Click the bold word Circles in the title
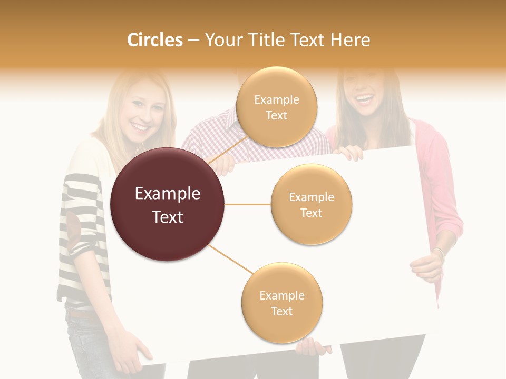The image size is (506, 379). [x=155, y=40]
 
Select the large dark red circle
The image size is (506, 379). [x=167, y=204]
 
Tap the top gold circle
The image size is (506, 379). [x=276, y=107]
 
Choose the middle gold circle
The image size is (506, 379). [x=311, y=204]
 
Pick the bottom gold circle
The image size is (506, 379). [x=281, y=303]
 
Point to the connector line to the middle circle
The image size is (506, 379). [x=247, y=204]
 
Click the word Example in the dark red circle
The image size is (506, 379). [x=167, y=194]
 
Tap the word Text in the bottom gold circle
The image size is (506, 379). [x=281, y=311]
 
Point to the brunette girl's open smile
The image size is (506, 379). [x=365, y=98]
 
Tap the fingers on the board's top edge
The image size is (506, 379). [x=349, y=153]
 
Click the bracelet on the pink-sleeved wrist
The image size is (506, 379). [x=439, y=252]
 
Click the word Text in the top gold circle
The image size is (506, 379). [x=276, y=115]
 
